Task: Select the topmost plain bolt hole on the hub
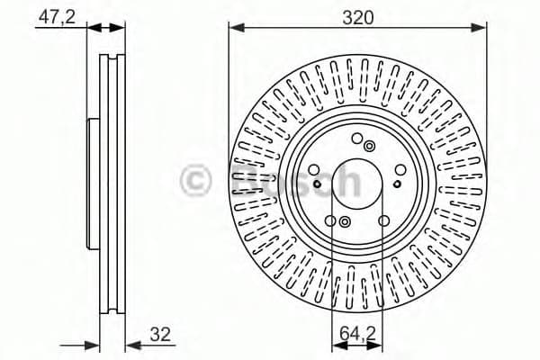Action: pos(357,138)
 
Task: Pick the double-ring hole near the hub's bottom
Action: pos(345,221)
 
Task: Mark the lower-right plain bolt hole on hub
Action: pos(384,220)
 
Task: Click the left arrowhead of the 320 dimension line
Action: pos(235,28)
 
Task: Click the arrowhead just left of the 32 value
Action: pos(128,344)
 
